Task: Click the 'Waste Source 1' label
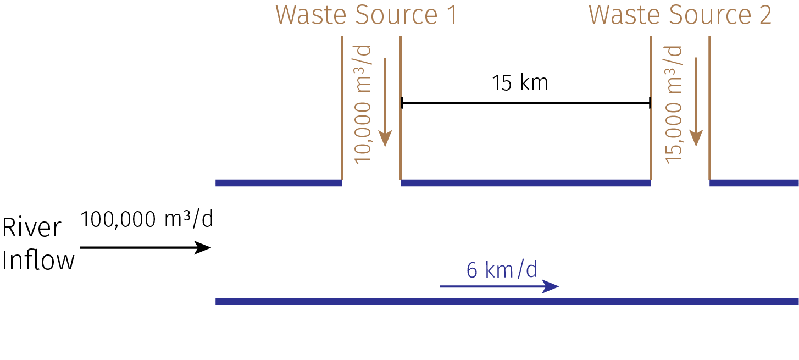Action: tap(366, 15)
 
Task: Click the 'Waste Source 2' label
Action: tap(680, 15)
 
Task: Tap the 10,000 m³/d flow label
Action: tap(363, 104)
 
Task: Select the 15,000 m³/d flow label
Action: tap(674, 104)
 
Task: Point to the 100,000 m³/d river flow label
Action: tap(146, 219)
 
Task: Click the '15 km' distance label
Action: tap(520, 84)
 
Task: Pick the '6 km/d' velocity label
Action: tap(501, 270)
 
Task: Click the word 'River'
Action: tap(32, 228)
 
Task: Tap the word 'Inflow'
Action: tap(38, 261)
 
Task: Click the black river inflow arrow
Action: tap(145, 248)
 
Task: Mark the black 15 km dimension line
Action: tap(526, 103)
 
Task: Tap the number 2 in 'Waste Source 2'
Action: tap(764, 15)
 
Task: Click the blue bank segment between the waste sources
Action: tap(526, 183)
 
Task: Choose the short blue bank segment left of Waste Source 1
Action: tap(279, 183)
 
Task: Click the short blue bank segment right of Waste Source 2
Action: tap(754, 183)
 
